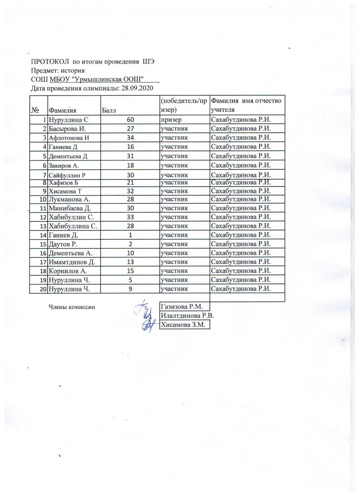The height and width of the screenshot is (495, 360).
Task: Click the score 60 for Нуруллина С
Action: click(x=130, y=120)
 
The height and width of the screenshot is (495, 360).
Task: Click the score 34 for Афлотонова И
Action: click(x=130, y=137)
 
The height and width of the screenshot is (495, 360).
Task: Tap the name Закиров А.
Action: click(x=64, y=165)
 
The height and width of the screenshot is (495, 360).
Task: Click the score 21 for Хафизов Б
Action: click(x=130, y=182)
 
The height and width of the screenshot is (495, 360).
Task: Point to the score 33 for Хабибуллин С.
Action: click(x=130, y=216)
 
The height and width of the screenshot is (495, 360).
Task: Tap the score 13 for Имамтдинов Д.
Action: click(x=130, y=262)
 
